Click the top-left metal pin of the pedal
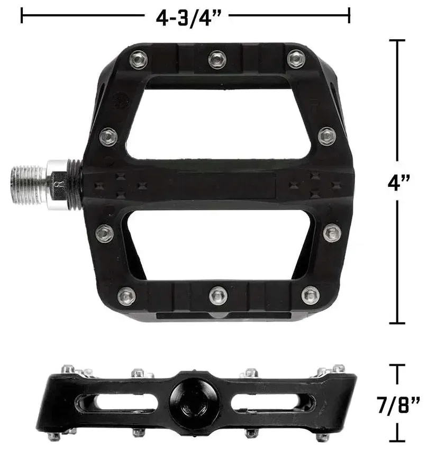pos(138,59)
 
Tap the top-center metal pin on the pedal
pos(217,59)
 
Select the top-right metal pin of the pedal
pos(296,59)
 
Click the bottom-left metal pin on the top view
pos(126,296)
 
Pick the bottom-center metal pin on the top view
pos(218,295)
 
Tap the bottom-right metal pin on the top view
pos(310,295)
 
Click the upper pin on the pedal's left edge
pos(108,137)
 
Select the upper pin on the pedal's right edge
pos(326,136)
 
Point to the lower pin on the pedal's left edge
pos(105,233)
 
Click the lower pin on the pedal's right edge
pos(332,232)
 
